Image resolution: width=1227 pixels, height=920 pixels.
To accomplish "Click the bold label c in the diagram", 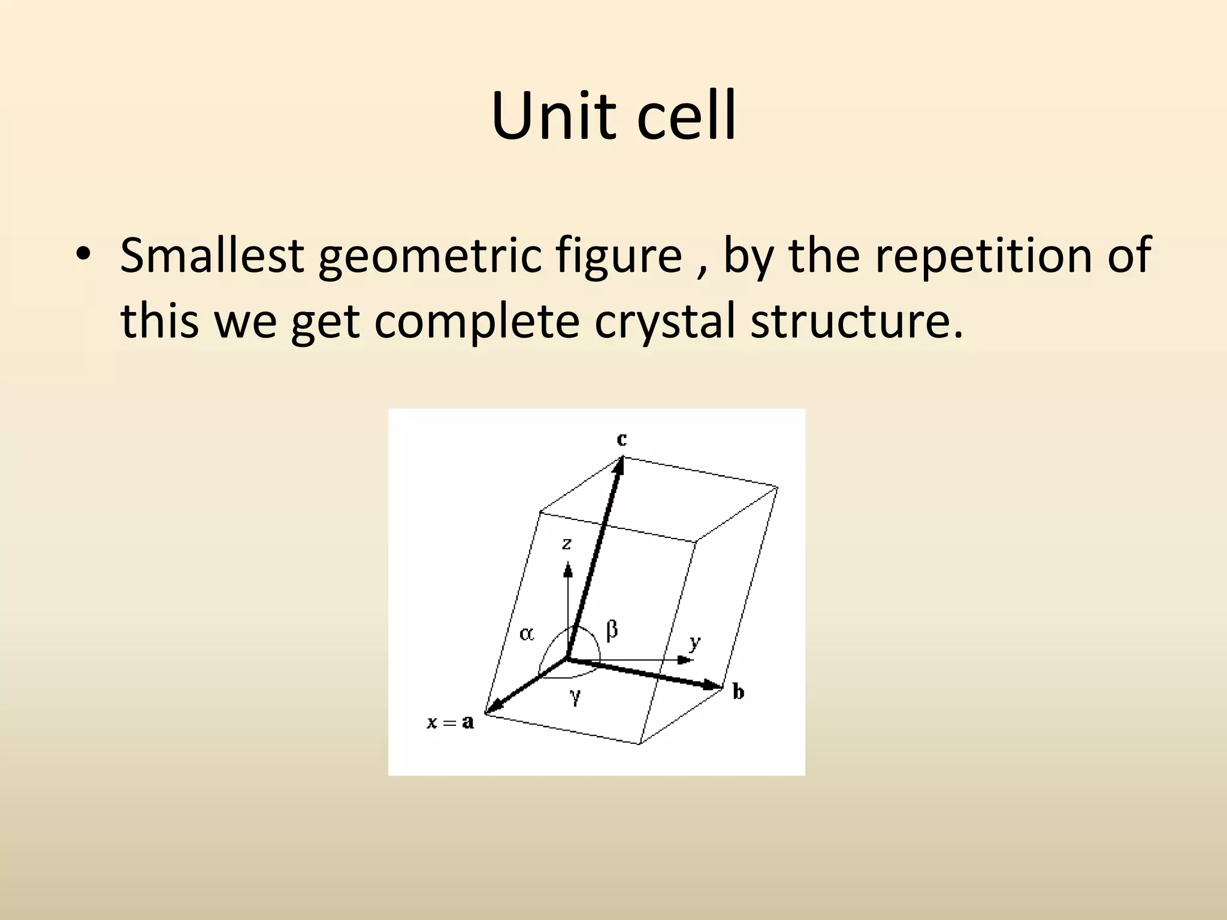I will (622, 439).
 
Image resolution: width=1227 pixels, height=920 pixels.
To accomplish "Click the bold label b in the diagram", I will (738, 692).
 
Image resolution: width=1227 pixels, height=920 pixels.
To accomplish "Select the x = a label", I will (450, 722).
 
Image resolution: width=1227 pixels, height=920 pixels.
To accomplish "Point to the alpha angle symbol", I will (527, 634).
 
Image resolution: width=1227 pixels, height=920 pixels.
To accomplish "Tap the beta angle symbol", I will (612, 630).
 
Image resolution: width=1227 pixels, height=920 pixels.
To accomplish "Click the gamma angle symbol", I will (576, 696).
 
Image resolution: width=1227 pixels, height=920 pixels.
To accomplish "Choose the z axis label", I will (566, 544).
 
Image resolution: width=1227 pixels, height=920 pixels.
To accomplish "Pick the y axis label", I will (694, 643).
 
